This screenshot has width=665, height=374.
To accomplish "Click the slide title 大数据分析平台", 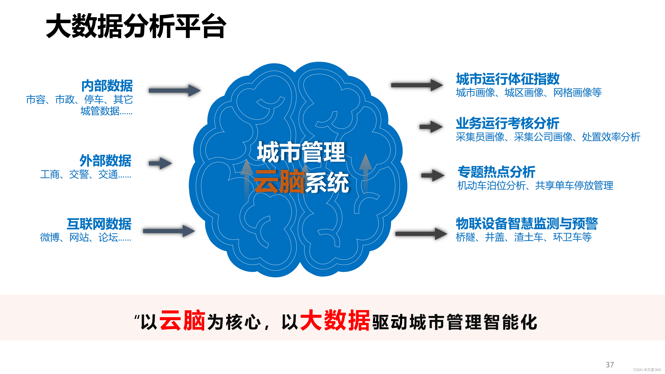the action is (136, 26).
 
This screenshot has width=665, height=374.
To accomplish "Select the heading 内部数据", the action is (107, 86).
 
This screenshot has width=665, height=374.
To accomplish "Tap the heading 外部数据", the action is (105, 161).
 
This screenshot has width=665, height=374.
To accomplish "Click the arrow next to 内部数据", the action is (175, 90).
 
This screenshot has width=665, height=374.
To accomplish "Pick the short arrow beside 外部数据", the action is (160, 163).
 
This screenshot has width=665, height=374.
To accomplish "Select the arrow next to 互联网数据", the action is (169, 231).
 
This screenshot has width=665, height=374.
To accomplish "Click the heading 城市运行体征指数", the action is (507, 79).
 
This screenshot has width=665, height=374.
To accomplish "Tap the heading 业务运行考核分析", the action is (507, 123).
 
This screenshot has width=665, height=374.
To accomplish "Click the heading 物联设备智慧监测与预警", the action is (527, 223).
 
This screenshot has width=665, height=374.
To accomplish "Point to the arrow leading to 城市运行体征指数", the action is (417, 85).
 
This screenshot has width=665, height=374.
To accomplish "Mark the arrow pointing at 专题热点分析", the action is (433, 176).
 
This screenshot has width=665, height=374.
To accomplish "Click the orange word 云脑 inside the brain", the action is (279, 182).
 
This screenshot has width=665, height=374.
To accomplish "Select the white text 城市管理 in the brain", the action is (301, 152).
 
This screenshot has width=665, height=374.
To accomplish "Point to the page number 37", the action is (610, 365).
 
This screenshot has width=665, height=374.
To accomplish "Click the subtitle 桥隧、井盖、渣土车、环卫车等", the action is (524, 237).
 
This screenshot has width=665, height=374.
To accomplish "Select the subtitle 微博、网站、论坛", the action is (86, 237).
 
